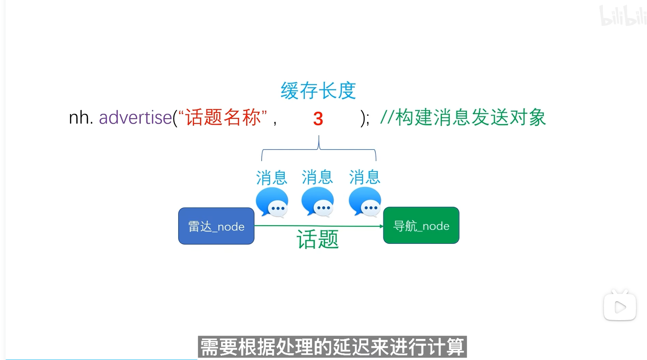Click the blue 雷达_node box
(216, 226)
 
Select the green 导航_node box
(421, 226)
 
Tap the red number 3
(318, 119)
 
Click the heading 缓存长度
(318, 91)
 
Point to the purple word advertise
(135, 118)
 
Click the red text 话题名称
(223, 117)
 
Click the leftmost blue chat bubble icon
(272, 202)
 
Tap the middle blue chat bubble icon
(318, 202)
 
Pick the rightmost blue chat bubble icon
(365, 202)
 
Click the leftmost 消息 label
(272, 177)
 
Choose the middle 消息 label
(317, 177)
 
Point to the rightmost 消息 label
(365, 177)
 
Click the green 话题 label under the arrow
(318, 239)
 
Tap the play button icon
(620, 307)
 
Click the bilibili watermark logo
(623, 16)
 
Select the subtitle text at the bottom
(332, 347)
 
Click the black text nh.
(81, 118)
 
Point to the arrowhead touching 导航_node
(381, 226)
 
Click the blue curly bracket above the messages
(319, 149)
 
